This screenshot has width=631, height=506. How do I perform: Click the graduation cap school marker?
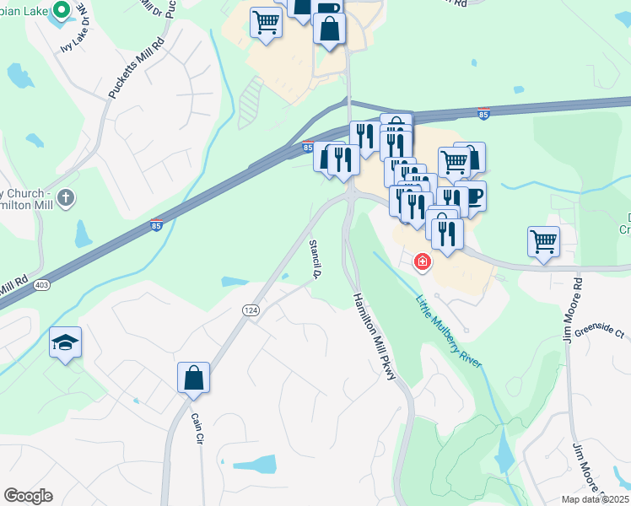coord(65,342)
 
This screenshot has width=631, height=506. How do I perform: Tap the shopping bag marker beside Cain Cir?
coord(193,378)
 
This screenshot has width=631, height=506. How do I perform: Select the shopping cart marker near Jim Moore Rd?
coord(544,242)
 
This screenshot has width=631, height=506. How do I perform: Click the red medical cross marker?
coord(422,263)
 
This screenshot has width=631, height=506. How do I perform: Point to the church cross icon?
coord(66,198)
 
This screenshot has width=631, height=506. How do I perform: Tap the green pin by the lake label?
coord(61,11)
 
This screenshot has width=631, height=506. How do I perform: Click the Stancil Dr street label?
coord(315,258)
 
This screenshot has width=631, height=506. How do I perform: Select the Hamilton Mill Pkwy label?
coord(375,336)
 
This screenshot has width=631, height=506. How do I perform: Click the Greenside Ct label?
coord(599,331)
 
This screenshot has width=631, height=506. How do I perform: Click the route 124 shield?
coord(252,310)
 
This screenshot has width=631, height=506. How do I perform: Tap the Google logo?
coord(28,496)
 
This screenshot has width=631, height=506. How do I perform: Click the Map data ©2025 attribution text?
coord(595,499)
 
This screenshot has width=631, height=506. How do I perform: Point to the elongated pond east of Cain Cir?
coord(255,463)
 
